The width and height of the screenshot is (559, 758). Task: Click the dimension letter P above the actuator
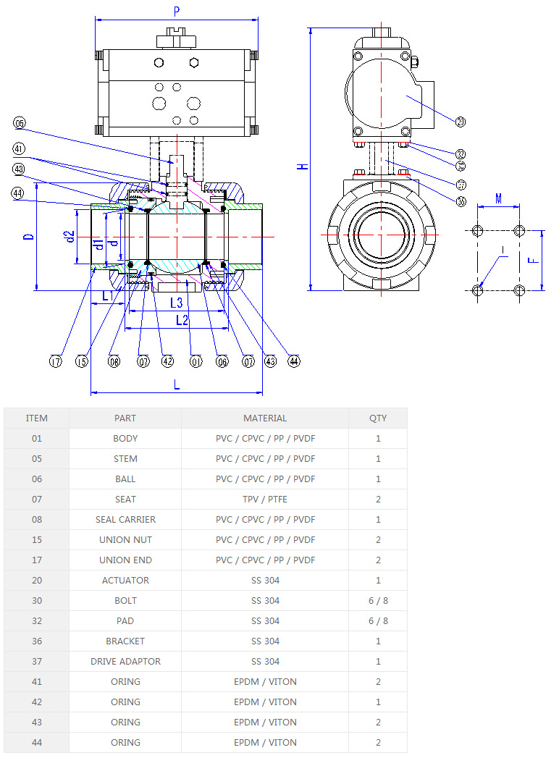[177, 10]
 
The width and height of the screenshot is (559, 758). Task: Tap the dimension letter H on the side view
[304, 167]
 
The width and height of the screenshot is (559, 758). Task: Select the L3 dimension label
[176, 302]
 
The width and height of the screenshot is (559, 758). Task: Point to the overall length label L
[177, 385]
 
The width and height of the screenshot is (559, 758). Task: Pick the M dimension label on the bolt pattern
[498, 198]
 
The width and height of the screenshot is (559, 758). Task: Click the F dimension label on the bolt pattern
[532, 260]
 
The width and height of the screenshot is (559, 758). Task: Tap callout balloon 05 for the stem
[20, 124]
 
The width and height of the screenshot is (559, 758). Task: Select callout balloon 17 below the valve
[56, 361]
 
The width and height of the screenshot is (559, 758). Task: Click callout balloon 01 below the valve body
[195, 361]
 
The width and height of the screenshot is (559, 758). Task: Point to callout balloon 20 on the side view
[461, 122]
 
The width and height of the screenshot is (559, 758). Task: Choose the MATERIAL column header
[264, 418]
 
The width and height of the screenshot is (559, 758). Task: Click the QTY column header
[377, 418]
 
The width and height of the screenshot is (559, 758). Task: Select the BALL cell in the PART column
[125, 479]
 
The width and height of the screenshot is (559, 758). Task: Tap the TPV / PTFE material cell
[264, 499]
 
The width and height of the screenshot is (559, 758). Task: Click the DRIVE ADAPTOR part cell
[125, 661]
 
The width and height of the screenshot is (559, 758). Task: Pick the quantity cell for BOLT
[377, 600]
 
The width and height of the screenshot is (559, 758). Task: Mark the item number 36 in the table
[36, 641]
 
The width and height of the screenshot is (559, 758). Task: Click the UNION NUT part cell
[125, 539]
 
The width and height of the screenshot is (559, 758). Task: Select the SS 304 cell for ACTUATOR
[264, 580]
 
